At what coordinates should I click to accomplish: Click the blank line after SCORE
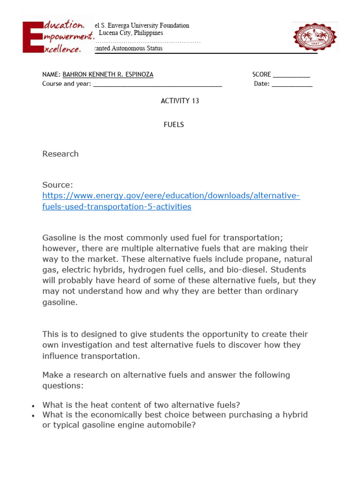pos(291,75)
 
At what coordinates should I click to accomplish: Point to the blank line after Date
pos(292,84)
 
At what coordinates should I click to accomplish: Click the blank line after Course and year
pos(157,84)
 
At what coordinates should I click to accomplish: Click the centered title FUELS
pos(173,125)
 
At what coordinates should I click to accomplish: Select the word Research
pos(60,154)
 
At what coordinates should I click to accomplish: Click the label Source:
pos(58,185)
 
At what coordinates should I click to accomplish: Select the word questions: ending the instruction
pos(62,385)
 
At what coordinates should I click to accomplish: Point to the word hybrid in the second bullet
pos(295,415)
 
